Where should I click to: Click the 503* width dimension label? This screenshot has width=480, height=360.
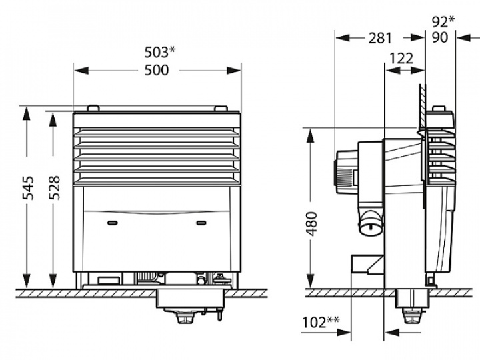[x=160, y=52]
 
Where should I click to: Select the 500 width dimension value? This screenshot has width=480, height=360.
[x=157, y=71]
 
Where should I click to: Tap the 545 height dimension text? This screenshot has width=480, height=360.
[x=28, y=187]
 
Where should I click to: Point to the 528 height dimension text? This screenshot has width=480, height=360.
[x=55, y=187]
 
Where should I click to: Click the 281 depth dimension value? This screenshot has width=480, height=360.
[x=380, y=38]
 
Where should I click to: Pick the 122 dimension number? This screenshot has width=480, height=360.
[x=401, y=58]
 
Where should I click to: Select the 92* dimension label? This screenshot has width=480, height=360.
[x=443, y=21]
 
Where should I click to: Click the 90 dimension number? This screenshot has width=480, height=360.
[x=440, y=37]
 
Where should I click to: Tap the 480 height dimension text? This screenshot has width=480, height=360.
[x=312, y=224]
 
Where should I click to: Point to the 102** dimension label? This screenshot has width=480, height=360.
[x=321, y=322]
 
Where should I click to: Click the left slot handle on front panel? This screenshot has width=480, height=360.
[x=113, y=223]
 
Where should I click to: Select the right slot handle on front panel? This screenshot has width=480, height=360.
[x=201, y=223]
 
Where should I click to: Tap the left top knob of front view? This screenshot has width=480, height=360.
[x=93, y=109]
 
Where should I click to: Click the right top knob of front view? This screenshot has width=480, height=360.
[x=221, y=109]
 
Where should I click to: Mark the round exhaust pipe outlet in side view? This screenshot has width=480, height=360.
[x=371, y=223]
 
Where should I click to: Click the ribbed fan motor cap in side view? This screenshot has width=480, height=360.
[x=345, y=178]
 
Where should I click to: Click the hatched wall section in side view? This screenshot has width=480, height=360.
[x=423, y=106]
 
